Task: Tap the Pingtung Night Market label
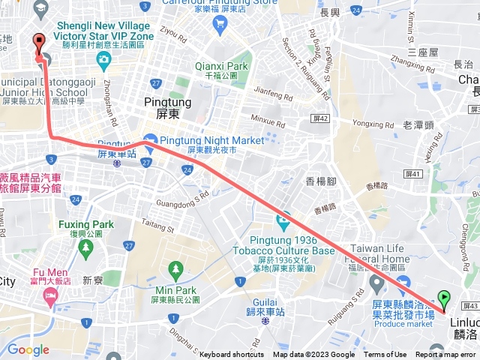(x=212, y=140)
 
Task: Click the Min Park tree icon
(x=175, y=268)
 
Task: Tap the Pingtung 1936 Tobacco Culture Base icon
(x=283, y=221)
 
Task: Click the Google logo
(x=28, y=349)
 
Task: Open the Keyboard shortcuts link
(x=232, y=355)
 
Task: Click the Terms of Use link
(x=385, y=355)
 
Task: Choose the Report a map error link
(x=446, y=355)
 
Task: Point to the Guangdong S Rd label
(x=182, y=199)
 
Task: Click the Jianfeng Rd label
(x=273, y=95)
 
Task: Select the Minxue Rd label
(x=268, y=120)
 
